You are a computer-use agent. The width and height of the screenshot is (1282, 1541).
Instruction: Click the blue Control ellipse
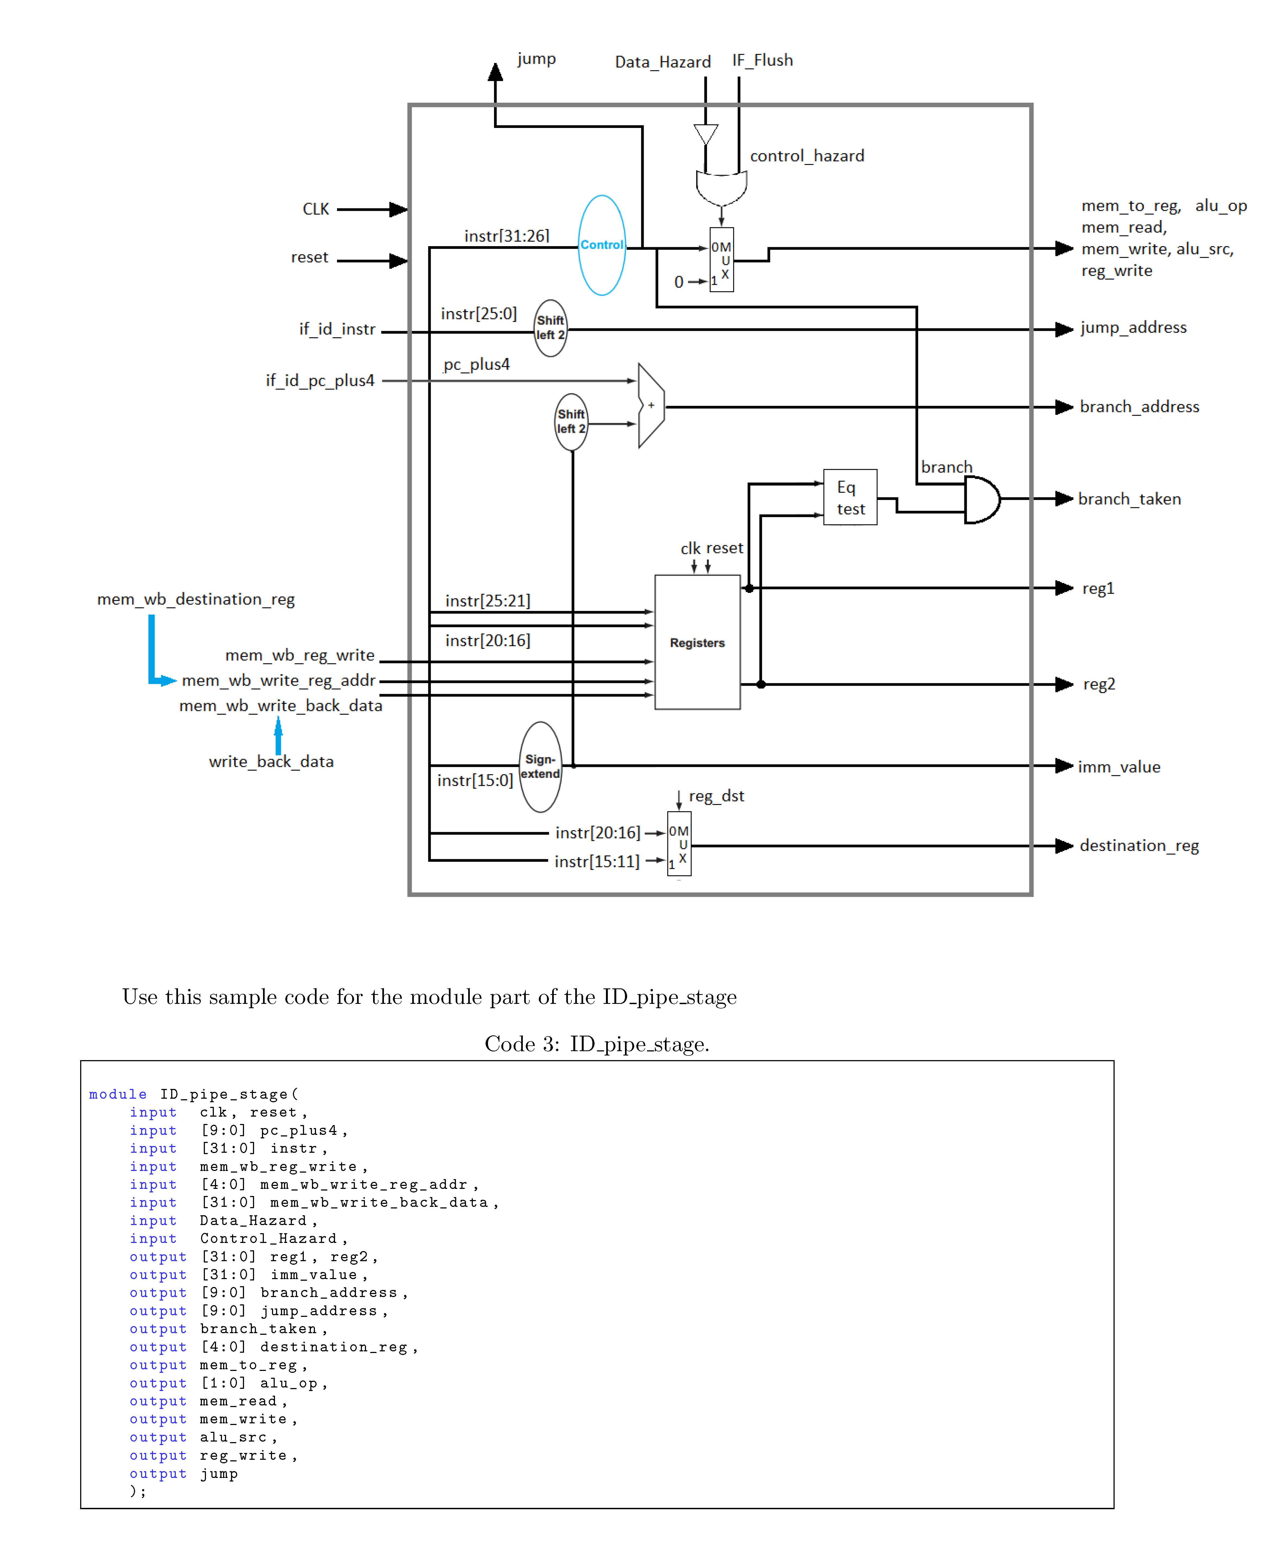(x=602, y=245)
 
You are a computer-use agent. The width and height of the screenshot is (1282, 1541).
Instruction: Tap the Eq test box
(x=850, y=497)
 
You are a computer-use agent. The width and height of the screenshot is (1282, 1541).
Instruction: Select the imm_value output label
(x=1118, y=767)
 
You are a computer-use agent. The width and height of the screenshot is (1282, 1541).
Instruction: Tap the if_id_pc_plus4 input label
(x=320, y=380)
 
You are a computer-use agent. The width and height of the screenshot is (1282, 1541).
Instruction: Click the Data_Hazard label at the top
(x=663, y=62)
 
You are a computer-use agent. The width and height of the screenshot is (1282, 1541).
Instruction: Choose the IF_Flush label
(x=762, y=60)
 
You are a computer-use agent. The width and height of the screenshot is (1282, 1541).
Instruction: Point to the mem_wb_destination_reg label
(x=196, y=600)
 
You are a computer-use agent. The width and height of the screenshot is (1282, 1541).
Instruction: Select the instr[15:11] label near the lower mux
(x=597, y=862)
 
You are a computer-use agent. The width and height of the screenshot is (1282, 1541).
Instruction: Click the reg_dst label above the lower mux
(x=716, y=796)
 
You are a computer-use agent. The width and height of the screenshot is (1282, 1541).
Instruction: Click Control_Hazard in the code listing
(x=268, y=1239)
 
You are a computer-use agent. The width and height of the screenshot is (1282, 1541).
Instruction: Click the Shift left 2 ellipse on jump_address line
(x=550, y=328)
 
